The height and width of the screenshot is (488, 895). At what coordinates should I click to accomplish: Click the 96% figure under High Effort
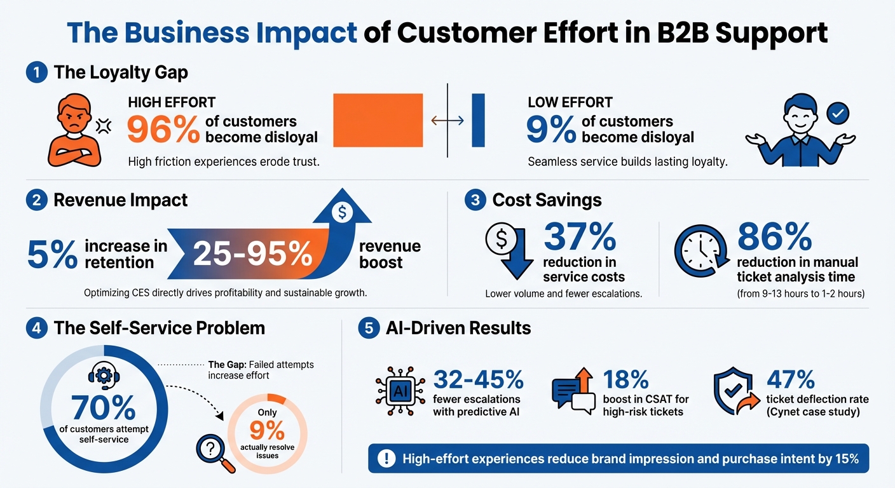point(163,129)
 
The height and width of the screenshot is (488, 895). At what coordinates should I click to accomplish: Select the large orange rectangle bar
point(378,121)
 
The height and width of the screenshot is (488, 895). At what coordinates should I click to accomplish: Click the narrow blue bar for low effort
point(478,121)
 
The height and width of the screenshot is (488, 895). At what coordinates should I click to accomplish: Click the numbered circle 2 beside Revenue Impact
point(36,200)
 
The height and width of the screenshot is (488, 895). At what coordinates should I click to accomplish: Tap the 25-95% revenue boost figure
point(252,254)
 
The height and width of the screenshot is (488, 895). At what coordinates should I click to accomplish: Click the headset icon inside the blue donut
point(103,375)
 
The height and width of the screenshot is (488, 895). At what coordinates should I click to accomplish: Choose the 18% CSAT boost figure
point(626,379)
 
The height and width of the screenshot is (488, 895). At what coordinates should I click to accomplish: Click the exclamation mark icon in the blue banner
point(386,459)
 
